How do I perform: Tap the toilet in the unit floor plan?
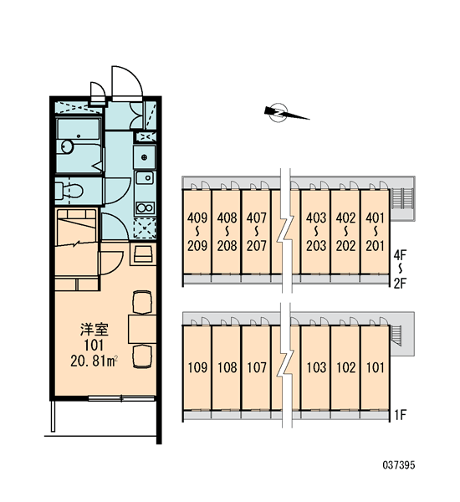[69, 191]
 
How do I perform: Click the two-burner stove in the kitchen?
[145, 208]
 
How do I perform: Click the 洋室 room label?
[95, 330]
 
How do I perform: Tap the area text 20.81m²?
[95, 361]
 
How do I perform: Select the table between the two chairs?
[142, 329]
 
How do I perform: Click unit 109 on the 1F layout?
[197, 367]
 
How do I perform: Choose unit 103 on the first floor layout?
[316, 367]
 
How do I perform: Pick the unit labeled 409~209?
[197, 232]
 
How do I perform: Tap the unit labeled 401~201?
[375, 232]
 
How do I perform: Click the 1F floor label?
[400, 415]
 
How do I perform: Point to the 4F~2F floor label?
[400, 269]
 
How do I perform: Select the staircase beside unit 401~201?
[402, 198]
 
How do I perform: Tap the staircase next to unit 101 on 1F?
[396, 336]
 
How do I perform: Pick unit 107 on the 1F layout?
[257, 367]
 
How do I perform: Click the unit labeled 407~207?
[257, 232]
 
